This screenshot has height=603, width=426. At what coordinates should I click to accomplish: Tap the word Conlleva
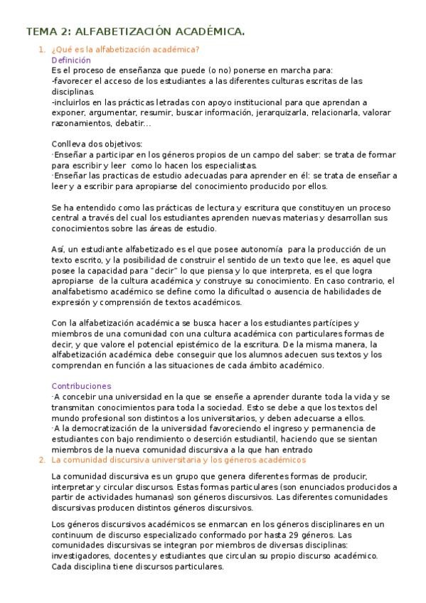(x=69, y=144)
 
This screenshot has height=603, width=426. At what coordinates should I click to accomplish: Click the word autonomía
(x=246, y=249)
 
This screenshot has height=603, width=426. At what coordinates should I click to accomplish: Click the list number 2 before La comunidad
(x=41, y=459)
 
